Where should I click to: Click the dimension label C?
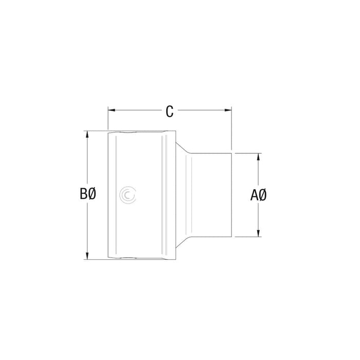point(169,111)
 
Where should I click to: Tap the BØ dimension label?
point(88,194)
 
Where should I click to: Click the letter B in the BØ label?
point(84,194)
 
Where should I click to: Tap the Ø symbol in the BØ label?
point(93,194)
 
